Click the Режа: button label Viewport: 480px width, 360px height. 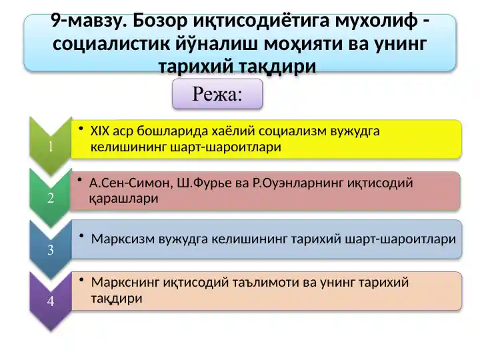(x=217, y=94)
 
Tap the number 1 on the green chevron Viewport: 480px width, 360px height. (x=51, y=148)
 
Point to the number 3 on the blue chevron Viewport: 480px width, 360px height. (x=51, y=251)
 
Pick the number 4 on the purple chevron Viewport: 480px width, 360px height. (x=51, y=301)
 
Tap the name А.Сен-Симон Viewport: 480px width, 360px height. (x=129, y=183)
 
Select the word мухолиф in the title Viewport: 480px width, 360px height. (x=374, y=22)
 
